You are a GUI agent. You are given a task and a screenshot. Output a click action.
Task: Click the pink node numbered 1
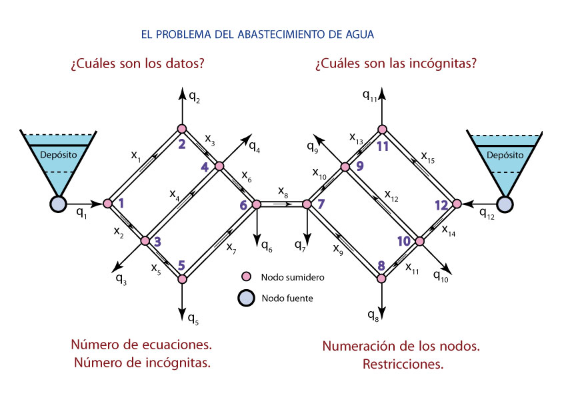(107, 203)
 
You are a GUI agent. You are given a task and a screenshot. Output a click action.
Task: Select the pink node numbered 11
(382, 129)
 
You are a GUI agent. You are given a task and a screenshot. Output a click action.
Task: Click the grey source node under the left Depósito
(57, 204)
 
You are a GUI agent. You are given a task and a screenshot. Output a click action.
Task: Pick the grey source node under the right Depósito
(505, 204)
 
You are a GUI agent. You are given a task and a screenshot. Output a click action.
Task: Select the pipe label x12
(392, 195)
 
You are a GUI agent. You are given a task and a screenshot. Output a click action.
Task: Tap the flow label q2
(194, 98)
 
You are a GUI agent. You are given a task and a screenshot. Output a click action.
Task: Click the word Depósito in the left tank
(58, 155)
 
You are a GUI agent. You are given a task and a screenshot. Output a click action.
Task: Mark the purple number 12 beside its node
(442, 206)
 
